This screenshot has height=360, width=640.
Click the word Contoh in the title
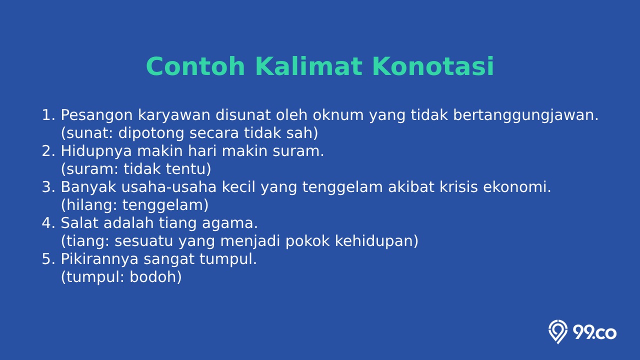coord(195,66)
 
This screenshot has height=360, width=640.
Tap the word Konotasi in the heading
coord(433,66)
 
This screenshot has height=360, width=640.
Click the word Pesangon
coord(96,115)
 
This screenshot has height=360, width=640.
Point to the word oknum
coord(338,115)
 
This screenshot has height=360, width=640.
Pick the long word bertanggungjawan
coord(525,115)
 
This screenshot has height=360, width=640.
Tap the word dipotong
coord(151,133)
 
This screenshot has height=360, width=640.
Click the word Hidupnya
coord(96,151)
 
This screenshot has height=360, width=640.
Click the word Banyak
coord(88,187)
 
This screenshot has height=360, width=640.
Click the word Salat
coord(79,223)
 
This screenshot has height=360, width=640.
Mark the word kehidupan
coord(374,241)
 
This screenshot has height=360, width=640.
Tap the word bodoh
coord(153,277)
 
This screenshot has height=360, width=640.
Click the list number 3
coord(46,187)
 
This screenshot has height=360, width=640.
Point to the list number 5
coord(46,259)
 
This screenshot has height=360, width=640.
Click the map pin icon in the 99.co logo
coord(557,331)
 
